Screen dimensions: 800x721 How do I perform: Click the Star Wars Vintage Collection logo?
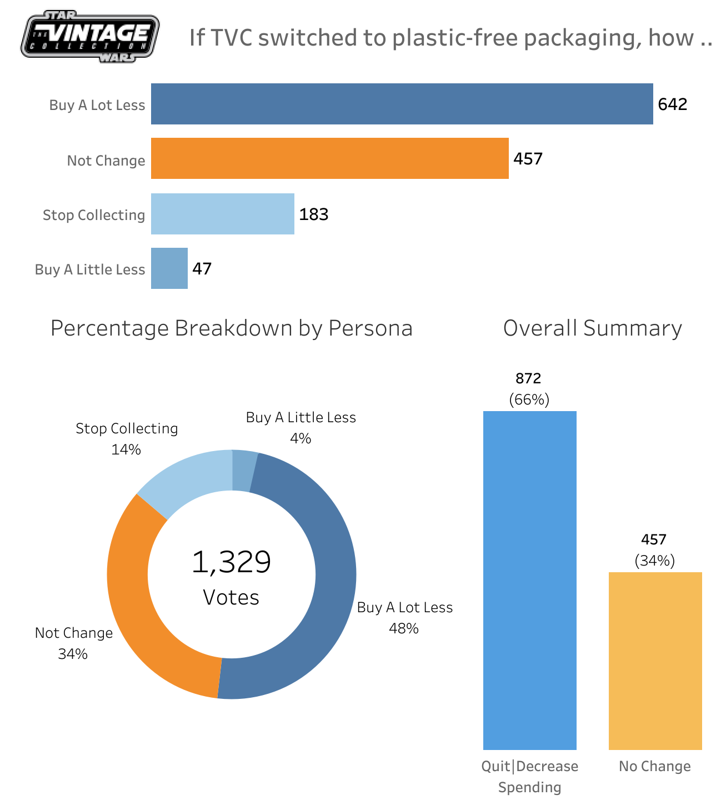[90, 36]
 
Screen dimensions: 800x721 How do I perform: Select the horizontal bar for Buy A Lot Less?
[402, 104]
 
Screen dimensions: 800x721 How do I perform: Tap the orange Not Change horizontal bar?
[329, 158]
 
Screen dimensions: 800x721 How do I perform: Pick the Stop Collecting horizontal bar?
[222, 214]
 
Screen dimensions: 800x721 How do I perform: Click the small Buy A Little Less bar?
[169, 268]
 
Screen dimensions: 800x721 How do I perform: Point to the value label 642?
[672, 104]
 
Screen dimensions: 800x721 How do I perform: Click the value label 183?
[314, 214]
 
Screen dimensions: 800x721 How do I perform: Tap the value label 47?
[202, 269]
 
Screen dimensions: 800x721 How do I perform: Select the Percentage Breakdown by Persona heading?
[232, 328]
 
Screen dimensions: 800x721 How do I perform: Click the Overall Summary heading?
[592, 328]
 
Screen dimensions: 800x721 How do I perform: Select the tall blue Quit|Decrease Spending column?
[529, 581]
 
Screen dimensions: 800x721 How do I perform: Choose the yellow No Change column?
[655, 661]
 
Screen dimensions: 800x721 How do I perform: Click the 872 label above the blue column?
[528, 378]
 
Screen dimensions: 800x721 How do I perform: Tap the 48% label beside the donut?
[404, 628]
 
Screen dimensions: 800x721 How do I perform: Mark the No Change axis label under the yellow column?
[655, 767]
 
